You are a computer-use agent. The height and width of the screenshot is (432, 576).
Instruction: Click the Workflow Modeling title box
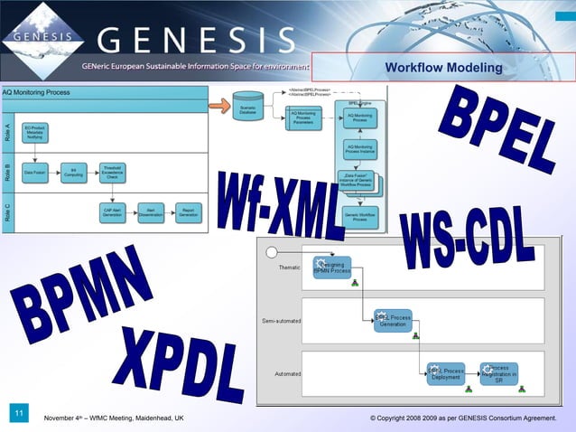point(442,68)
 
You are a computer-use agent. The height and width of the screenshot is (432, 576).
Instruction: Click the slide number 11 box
point(18,413)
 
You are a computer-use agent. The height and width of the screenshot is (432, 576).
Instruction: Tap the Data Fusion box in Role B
point(34,170)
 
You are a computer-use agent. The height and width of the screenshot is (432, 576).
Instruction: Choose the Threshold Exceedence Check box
point(112,171)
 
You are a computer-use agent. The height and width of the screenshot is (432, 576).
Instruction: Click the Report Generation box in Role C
point(189,212)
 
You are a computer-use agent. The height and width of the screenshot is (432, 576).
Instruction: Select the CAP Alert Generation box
point(112,212)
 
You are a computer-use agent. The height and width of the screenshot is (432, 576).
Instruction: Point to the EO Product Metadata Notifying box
point(33,133)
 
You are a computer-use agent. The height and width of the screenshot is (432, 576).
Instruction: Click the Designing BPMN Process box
point(331,268)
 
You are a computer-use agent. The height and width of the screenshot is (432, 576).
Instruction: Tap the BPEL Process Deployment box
point(445,373)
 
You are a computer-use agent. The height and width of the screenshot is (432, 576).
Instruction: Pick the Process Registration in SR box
point(498,373)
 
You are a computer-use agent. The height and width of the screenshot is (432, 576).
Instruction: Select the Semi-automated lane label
point(281,321)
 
